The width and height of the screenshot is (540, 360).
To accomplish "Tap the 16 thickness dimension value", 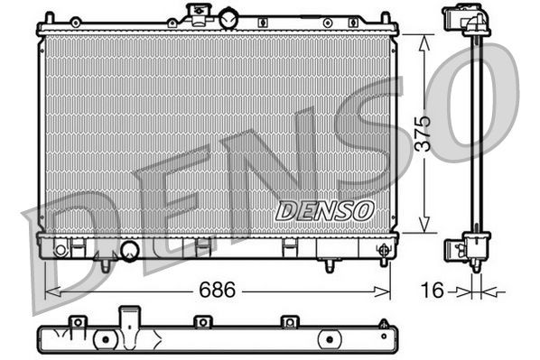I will point(435,291).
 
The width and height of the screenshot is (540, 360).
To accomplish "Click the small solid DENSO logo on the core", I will point(324,209).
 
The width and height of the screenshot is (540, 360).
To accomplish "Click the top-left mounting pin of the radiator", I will point(51,16).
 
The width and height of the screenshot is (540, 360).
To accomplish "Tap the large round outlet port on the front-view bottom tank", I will point(128,250).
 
